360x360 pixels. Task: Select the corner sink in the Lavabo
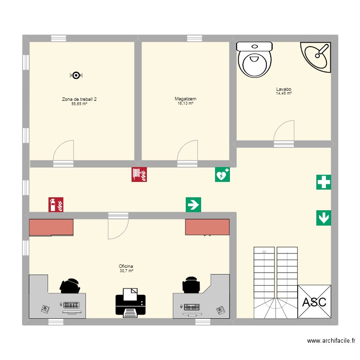(x=317, y=56)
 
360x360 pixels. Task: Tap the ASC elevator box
(x=314, y=301)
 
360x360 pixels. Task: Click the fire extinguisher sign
(x=56, y=205)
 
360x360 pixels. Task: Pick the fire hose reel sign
(x=139, y=174)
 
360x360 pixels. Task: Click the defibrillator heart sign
(x=222, y=175)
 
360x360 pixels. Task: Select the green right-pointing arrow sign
(x=193, y=205)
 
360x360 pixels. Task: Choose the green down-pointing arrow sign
(x=324, y=218)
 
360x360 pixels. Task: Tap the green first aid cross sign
(x=324, y=182)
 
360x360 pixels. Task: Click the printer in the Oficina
(x=130, y=302)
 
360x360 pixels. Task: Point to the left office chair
(x=70, y=286)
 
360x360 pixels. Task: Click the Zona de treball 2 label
(x=79, y=99)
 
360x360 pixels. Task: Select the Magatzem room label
(x=185, y=99)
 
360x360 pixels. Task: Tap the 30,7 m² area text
(x=126, y=271)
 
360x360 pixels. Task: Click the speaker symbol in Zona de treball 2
(x=76, y=75)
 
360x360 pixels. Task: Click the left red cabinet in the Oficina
(x=51, y=228)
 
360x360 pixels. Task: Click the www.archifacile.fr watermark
(x=331, y=341)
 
